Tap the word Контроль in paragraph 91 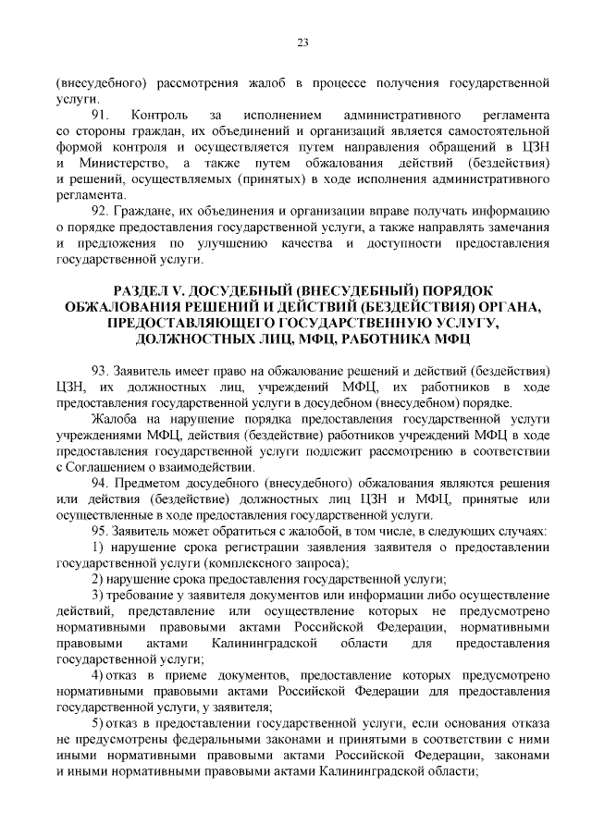click(160, 115)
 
